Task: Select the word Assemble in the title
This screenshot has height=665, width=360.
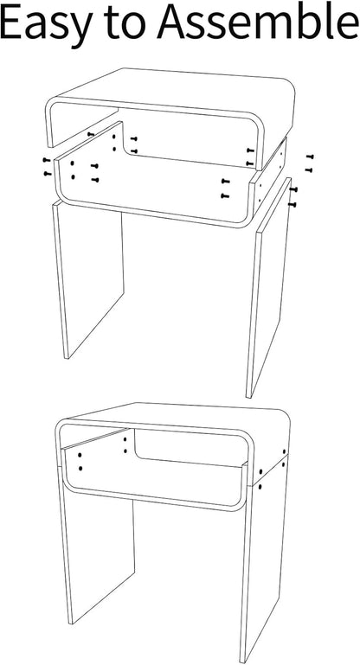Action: [258, 22]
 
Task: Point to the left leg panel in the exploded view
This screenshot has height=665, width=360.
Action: [88, 280]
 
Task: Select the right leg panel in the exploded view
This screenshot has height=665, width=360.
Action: [268, 288]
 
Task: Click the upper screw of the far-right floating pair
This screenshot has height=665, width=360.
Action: [310, 157]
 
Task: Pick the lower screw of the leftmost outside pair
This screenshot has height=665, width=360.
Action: [47, 174]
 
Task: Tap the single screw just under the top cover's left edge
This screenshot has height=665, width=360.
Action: [91, 134]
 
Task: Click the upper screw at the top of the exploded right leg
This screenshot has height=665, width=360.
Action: [293, 189]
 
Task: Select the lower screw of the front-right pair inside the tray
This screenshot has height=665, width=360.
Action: [225, 196]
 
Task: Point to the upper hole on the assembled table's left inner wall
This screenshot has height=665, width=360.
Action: [80, 455]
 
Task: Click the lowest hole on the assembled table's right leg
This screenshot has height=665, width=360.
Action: [260, 487]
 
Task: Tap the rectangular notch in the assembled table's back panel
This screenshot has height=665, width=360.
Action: [191, 447]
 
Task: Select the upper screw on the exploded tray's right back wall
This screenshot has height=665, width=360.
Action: [250, 150]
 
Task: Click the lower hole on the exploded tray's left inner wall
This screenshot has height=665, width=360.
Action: [73, 177]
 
